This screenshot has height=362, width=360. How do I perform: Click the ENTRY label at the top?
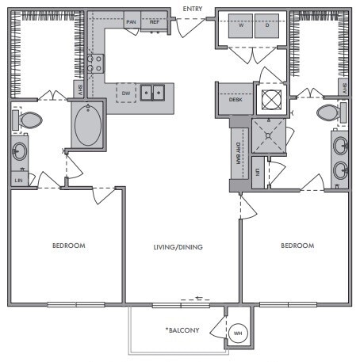(x=193, y=8)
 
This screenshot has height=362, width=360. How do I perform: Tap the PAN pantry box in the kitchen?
(x=130, y=22)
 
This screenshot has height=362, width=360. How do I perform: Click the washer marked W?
(x=241, y=25)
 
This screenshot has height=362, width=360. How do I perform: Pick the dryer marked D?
(x=266, y=25)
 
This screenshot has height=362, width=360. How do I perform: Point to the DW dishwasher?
(x=125, y=93)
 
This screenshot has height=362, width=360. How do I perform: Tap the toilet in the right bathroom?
(x=329, y=112)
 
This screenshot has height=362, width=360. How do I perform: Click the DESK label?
(x=235, y=100)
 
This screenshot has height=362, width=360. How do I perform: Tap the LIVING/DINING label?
(x=178, y=247)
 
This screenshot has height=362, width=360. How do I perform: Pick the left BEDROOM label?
(x=68, y=246)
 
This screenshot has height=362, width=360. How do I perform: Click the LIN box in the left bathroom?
(x=18, y=181)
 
